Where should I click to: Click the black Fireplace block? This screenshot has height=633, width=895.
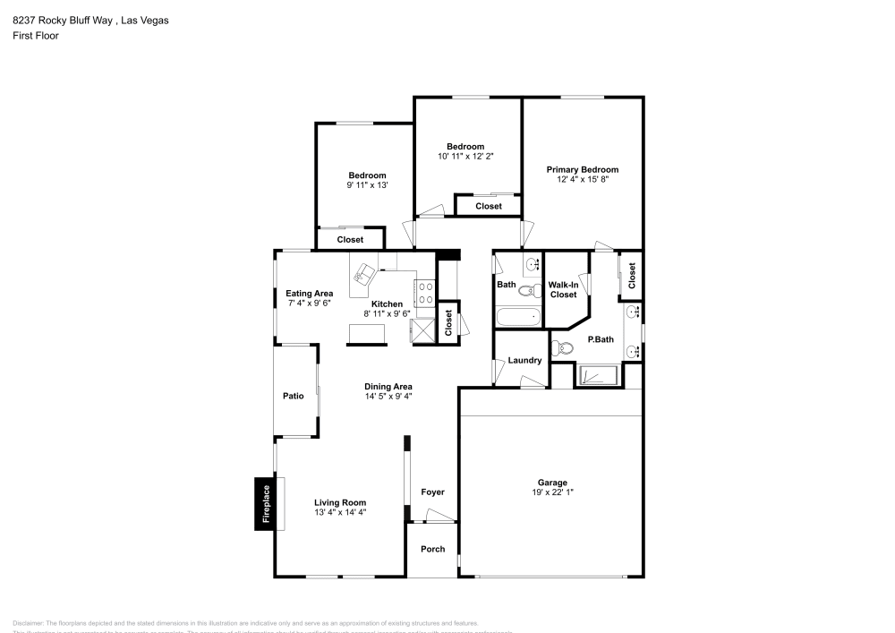pos(265,503)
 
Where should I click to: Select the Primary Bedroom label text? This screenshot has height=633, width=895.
pos(583,169)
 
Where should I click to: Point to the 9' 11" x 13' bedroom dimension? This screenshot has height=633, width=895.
pos(367,185)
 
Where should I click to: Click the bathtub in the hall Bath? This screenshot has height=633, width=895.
pos(519,316)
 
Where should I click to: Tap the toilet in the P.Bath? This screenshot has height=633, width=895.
pos(563,347)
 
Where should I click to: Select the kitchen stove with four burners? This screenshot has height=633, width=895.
pos(424,293)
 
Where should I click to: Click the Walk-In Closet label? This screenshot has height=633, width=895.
pos(563,289)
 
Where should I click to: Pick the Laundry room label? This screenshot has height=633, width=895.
pos(524,361)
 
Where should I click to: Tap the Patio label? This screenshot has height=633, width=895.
pos(294,395)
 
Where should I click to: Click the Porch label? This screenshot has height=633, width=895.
pos(432,549)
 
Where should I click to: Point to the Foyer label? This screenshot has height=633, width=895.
pos(432,492)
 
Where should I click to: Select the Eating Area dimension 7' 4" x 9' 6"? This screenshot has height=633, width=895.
pos(310,304)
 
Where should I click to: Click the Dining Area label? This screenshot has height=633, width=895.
pos(388,385)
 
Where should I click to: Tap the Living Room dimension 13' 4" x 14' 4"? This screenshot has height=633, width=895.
pos(340,513)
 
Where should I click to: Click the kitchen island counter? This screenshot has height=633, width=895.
pos(368,333)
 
